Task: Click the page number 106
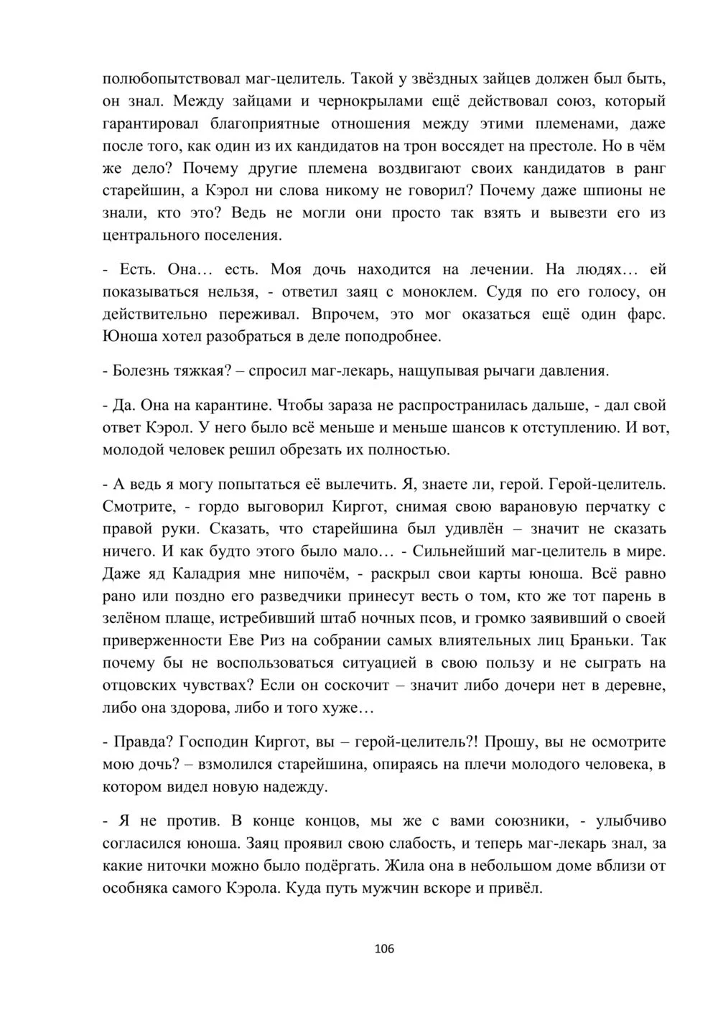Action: pos(385,949)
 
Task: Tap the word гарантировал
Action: pos(148,124)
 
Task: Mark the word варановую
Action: pos(539,506)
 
